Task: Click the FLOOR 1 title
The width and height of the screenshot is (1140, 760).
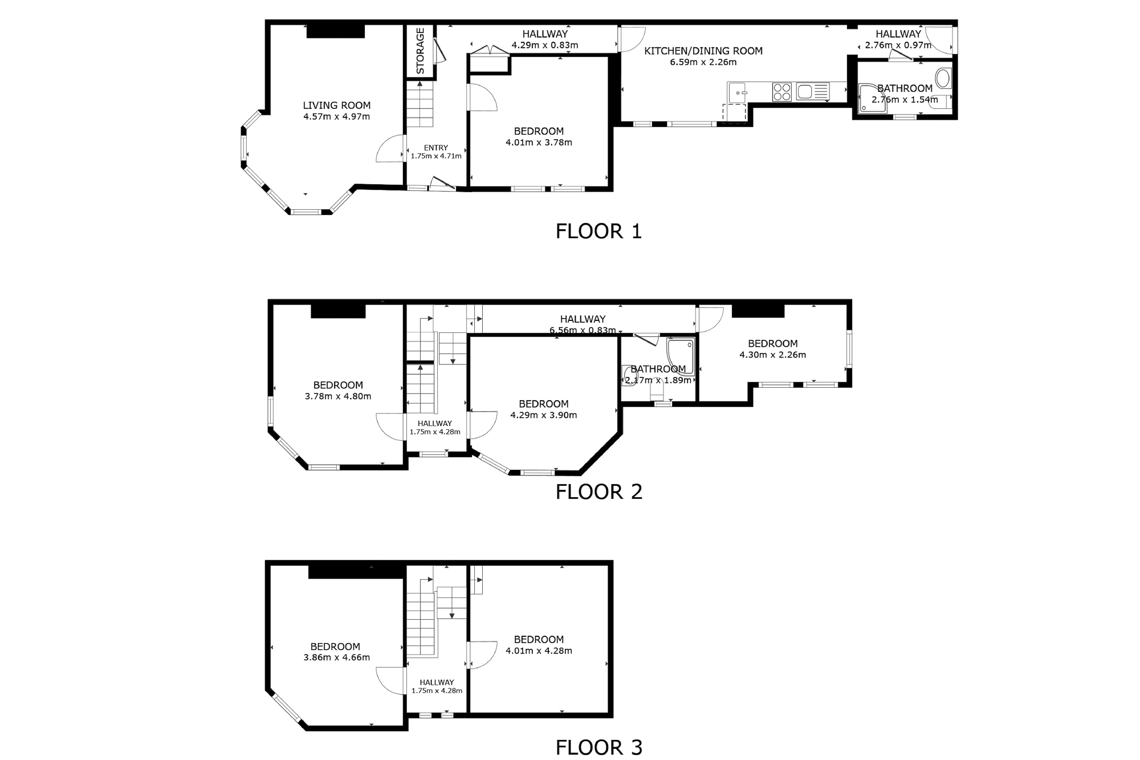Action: pos(598,231)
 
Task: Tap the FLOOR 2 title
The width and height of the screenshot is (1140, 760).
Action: pos(599,491)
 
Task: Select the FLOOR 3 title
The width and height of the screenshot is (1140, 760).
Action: pos(599,747)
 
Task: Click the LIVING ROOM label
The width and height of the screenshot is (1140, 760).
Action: pos(337,105)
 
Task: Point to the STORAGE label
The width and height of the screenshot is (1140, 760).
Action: pos(421,51)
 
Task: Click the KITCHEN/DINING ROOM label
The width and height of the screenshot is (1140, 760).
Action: pos(703,51)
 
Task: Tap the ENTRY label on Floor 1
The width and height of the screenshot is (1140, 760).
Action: pos(436,148)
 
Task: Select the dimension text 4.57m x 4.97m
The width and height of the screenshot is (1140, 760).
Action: pos(337,117)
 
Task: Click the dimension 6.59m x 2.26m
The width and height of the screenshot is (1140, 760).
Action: pos(703,62)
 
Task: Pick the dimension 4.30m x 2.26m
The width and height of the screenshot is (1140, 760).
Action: pos(773,355)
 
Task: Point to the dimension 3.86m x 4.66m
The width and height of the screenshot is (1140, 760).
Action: pos(337,657)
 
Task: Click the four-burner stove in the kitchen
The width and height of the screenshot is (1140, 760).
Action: pos(782,92)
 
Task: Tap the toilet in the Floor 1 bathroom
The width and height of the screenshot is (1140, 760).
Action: pos(944,78)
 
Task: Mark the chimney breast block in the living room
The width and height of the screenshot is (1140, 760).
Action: pos(336,31)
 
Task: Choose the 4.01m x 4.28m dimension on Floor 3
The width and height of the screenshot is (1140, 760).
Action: pos(539,651)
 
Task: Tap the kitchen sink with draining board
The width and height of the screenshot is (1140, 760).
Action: pos(813,92)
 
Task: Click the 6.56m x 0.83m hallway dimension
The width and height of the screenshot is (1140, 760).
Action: pos(583,330)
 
